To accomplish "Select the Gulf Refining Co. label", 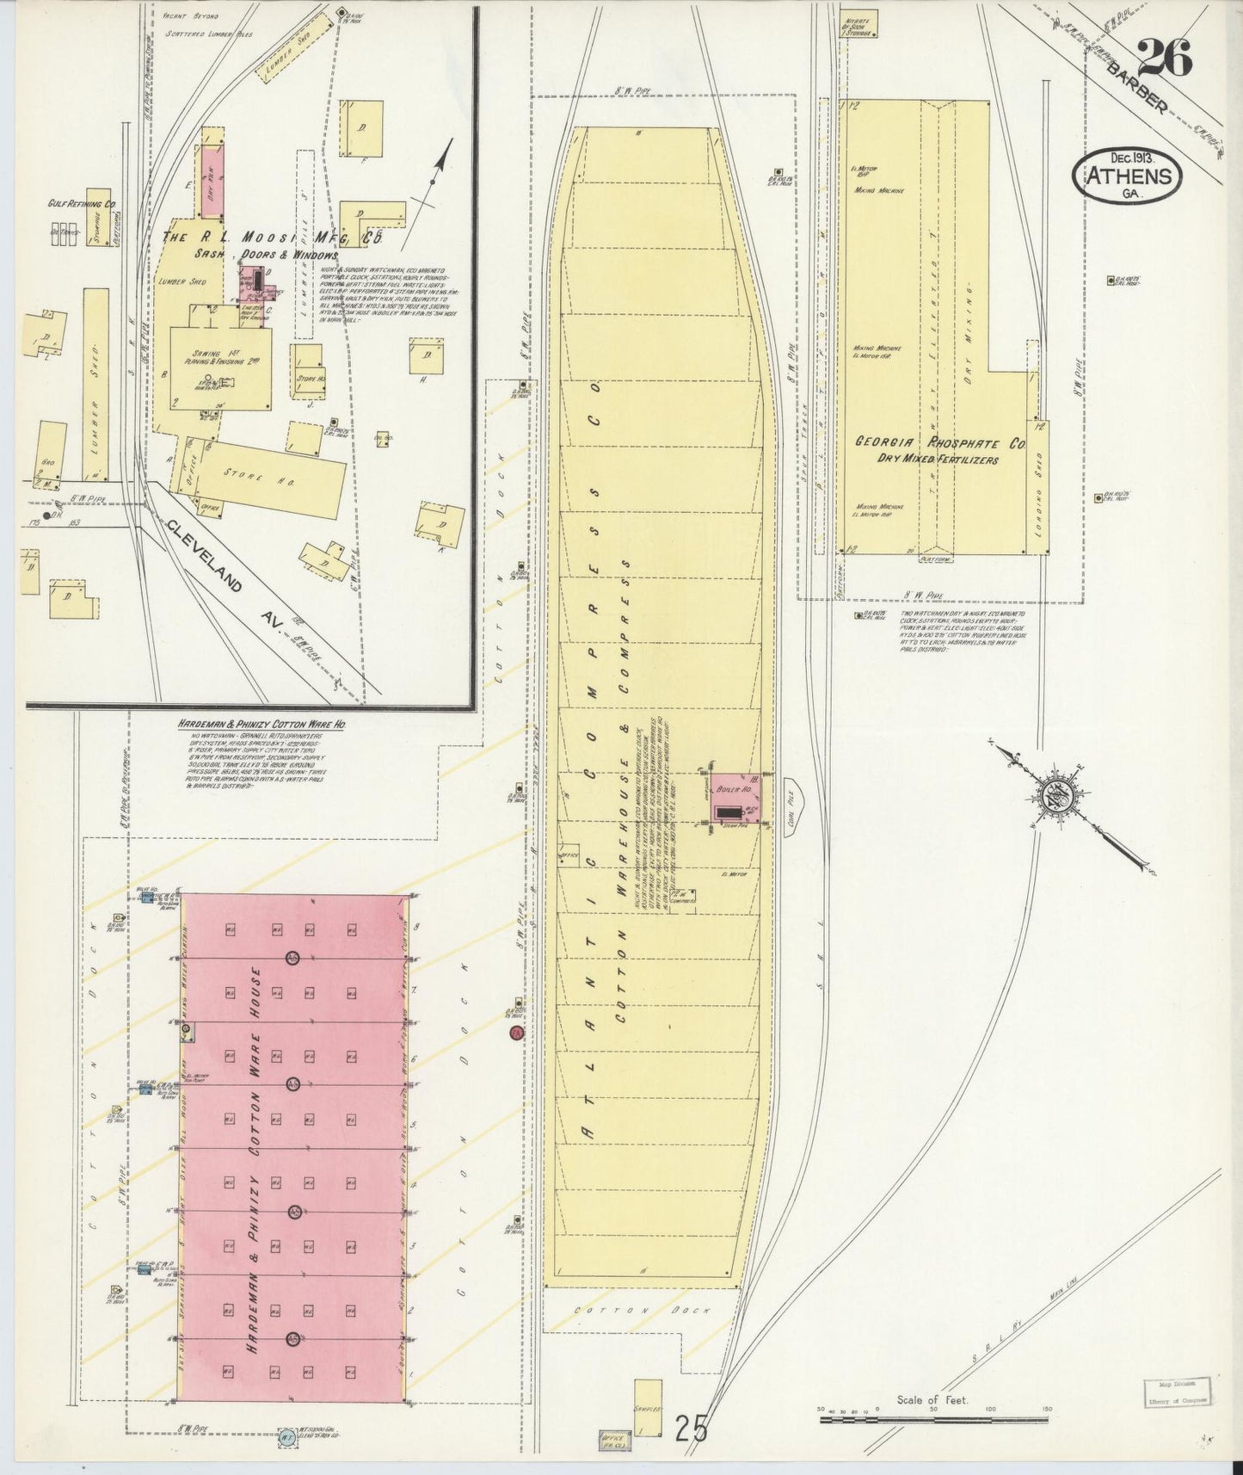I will click(x=82, y=205).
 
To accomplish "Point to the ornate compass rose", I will click(x=1055, y=795).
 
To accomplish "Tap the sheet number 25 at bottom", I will click(x=691, y=1429).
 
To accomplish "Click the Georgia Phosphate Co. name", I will click(x=938, y=443).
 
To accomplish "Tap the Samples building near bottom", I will click(x=648, y=1408).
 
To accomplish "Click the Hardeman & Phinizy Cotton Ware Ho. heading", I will click(x=262, y=725).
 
